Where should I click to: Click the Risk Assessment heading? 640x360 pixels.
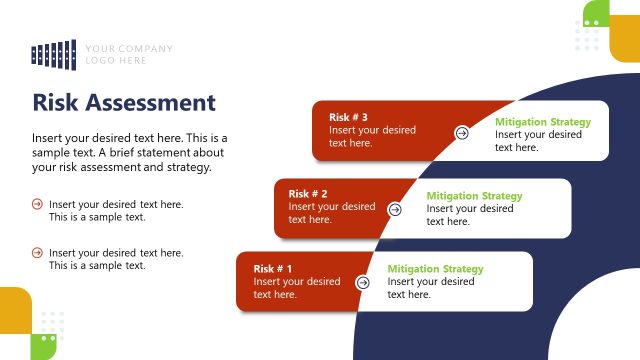(124, 103)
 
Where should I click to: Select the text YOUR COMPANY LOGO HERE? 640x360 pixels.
(128, 54)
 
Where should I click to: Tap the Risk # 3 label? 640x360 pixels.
(349, 117)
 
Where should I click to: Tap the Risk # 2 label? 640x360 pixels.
(308, 194)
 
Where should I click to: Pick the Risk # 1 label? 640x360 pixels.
(273, 269)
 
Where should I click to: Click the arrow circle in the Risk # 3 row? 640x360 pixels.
(462, 132)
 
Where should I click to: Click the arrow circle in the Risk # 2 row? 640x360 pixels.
(394, 209)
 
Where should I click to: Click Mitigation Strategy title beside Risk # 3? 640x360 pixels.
(543, 122)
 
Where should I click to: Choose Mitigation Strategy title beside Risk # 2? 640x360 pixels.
(474, 196)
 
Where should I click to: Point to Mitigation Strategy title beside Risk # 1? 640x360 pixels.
(435, 269)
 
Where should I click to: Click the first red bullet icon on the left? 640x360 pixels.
(37, 204)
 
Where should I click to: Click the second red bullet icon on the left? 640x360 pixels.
(37, 253)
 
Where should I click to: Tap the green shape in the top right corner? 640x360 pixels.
(596, 12)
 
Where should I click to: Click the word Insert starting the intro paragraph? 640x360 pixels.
(48, 137)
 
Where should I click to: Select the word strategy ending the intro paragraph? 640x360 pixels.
(187, 168)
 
